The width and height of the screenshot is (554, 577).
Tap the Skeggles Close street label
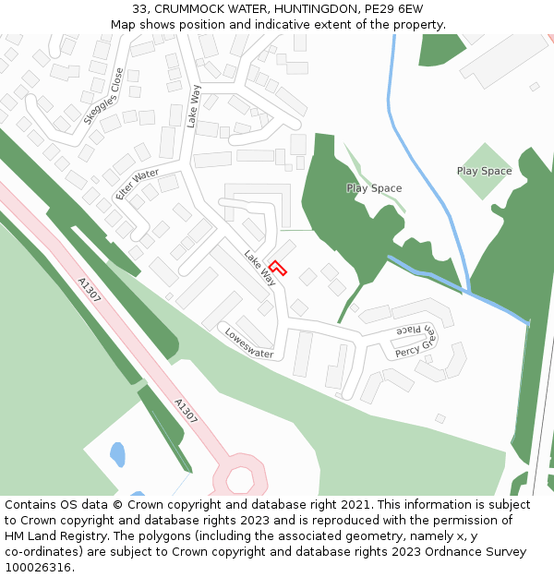[x=102, y=96]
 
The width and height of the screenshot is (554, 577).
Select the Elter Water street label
[x=137, y=185]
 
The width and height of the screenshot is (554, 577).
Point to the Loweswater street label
[x=248, y=342]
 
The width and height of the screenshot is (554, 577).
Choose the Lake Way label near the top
[x=193, y=105]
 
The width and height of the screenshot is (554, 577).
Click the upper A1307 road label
[x=90, y=292]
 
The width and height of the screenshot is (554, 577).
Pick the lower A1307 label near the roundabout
[x=186, y=412]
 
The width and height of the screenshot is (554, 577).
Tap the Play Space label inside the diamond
[x=484, y=171]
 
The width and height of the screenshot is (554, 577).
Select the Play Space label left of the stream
[x=374, y=188]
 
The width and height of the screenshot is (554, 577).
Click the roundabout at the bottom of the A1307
[x=240, y=478]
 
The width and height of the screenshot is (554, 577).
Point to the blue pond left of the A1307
[x=117, y=454]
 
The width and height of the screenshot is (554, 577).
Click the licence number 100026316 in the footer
[x=37, y=567]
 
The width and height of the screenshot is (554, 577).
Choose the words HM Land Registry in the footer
[x=52, y=535]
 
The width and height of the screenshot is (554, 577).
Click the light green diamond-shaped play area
[x=484, y=172]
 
